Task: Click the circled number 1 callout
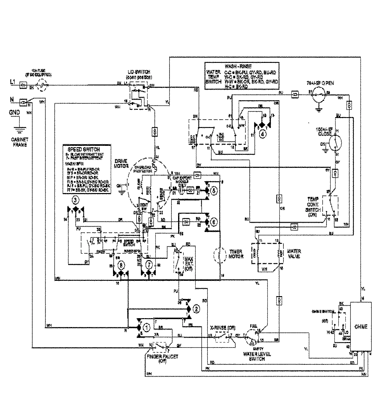pyautogui.click(x=147, y=327)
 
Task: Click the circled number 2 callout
pyautogui.click(x=197, y=309)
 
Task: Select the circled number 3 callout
pyautogui.click(x=75, y=200)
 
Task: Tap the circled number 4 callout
pyautogui.click(x=262, y=134)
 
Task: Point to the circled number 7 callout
pyautogui.click(x=148, y=265)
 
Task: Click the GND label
pyautogui.click(x=14, y=112)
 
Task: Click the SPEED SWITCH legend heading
pyautogui.click(x=86, y=149)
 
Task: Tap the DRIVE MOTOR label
pyautogui.click(x=122, y=164)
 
